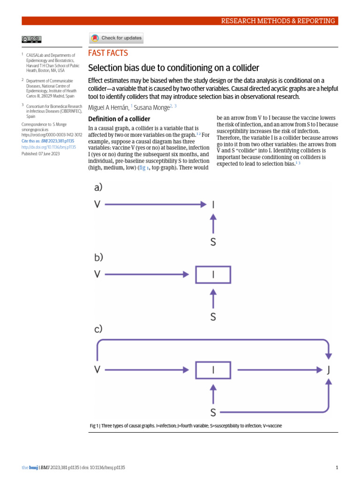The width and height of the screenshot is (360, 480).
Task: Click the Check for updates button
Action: [116, 38]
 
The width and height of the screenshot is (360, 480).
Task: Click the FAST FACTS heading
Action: [108, 53]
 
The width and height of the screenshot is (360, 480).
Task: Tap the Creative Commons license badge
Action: [31, 39]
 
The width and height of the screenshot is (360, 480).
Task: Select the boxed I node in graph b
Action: [213, 275]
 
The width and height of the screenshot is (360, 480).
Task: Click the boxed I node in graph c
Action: [213, 370]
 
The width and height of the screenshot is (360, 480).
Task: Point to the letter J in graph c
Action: [329, 370]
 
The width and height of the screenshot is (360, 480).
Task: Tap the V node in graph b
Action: [97, 274]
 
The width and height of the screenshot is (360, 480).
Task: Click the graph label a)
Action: [98, 187]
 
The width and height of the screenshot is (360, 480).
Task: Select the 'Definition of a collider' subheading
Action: [119, 119]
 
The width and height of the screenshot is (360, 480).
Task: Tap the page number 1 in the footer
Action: [337, 467]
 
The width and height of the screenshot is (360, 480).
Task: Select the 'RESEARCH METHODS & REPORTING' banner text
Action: [278, 21]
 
